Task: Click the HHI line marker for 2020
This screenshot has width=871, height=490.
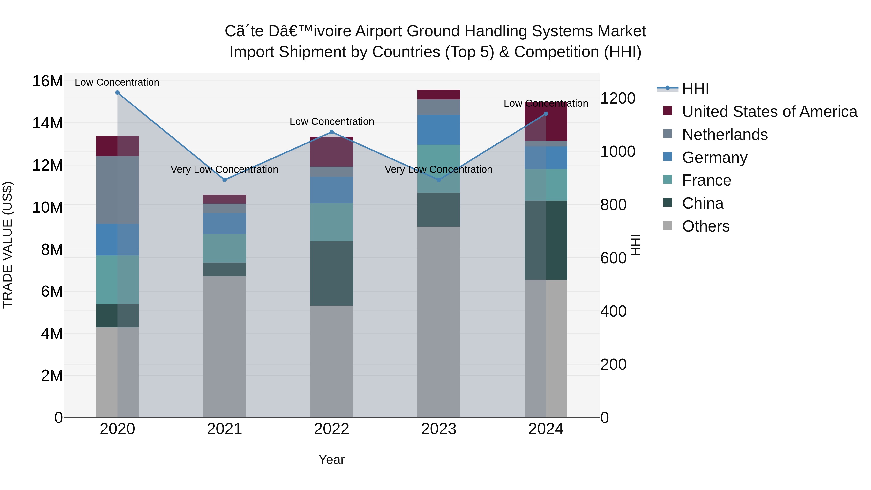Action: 117,93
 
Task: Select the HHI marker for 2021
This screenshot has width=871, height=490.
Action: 225,180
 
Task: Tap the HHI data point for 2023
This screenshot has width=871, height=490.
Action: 439,180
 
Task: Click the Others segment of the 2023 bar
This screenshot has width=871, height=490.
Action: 439,321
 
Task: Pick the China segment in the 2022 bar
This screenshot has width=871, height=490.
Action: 331,273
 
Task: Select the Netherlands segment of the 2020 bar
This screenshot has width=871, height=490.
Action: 117,190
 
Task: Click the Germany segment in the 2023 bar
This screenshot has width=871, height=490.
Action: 439,130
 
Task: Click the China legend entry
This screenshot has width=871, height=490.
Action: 703,203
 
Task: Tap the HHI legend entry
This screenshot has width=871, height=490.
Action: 695,89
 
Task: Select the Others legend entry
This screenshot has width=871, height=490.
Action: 706,226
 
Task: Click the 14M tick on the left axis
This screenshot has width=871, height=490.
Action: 47,123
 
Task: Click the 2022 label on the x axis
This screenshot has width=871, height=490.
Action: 331,429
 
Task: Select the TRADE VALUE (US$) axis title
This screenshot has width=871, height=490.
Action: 8,245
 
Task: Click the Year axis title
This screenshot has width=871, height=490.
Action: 331,460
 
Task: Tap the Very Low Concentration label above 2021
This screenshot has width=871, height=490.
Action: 225,169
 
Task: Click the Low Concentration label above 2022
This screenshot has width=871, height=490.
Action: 332,121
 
